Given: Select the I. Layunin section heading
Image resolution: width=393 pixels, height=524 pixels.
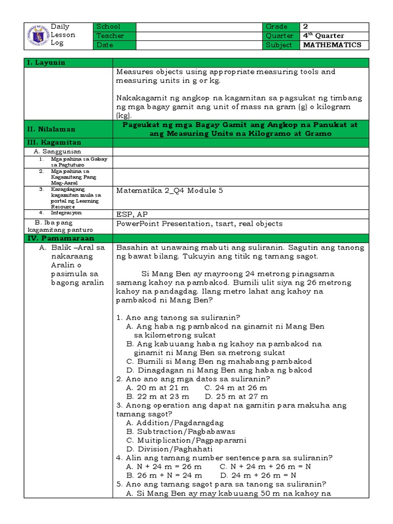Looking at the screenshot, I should pyautogui.click(x=47, y=62).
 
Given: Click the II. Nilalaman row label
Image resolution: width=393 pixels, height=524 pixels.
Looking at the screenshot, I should pyautogui.click(x=52, y=130).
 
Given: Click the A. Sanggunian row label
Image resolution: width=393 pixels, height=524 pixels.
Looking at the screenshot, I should pyautogui.click(x=57, y=151).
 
